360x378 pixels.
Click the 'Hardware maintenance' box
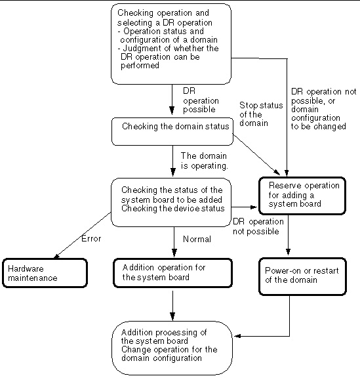[x=45, y=273]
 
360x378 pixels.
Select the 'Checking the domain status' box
[x=172, y=132]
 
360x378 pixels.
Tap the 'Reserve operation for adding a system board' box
[x=302, y=196]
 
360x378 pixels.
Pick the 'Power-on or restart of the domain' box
[x=303, y=276]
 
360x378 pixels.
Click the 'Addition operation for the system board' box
[x=172, y=273]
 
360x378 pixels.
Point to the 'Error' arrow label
[x=91, y=239]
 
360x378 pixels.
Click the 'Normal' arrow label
[x=197, y=239]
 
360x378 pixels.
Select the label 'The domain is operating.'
[x=204, y=161]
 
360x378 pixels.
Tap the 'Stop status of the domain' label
[x=261, y=114]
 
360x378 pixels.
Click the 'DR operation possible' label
[x=201, y=100]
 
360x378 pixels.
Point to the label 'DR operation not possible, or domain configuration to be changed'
[x=323, y=109]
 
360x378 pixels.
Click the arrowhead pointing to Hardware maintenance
[x=56, y=257]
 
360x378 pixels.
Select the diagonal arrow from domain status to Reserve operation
[x=256, y=154]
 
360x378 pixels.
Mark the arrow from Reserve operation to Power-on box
[x=288, y=235]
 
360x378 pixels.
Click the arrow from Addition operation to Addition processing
[x=172, y=306]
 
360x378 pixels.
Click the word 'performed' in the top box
[x=140, y=66]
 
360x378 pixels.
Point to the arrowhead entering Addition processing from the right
[x=237, y=336]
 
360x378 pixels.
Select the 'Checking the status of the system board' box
[x=171, y=203]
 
